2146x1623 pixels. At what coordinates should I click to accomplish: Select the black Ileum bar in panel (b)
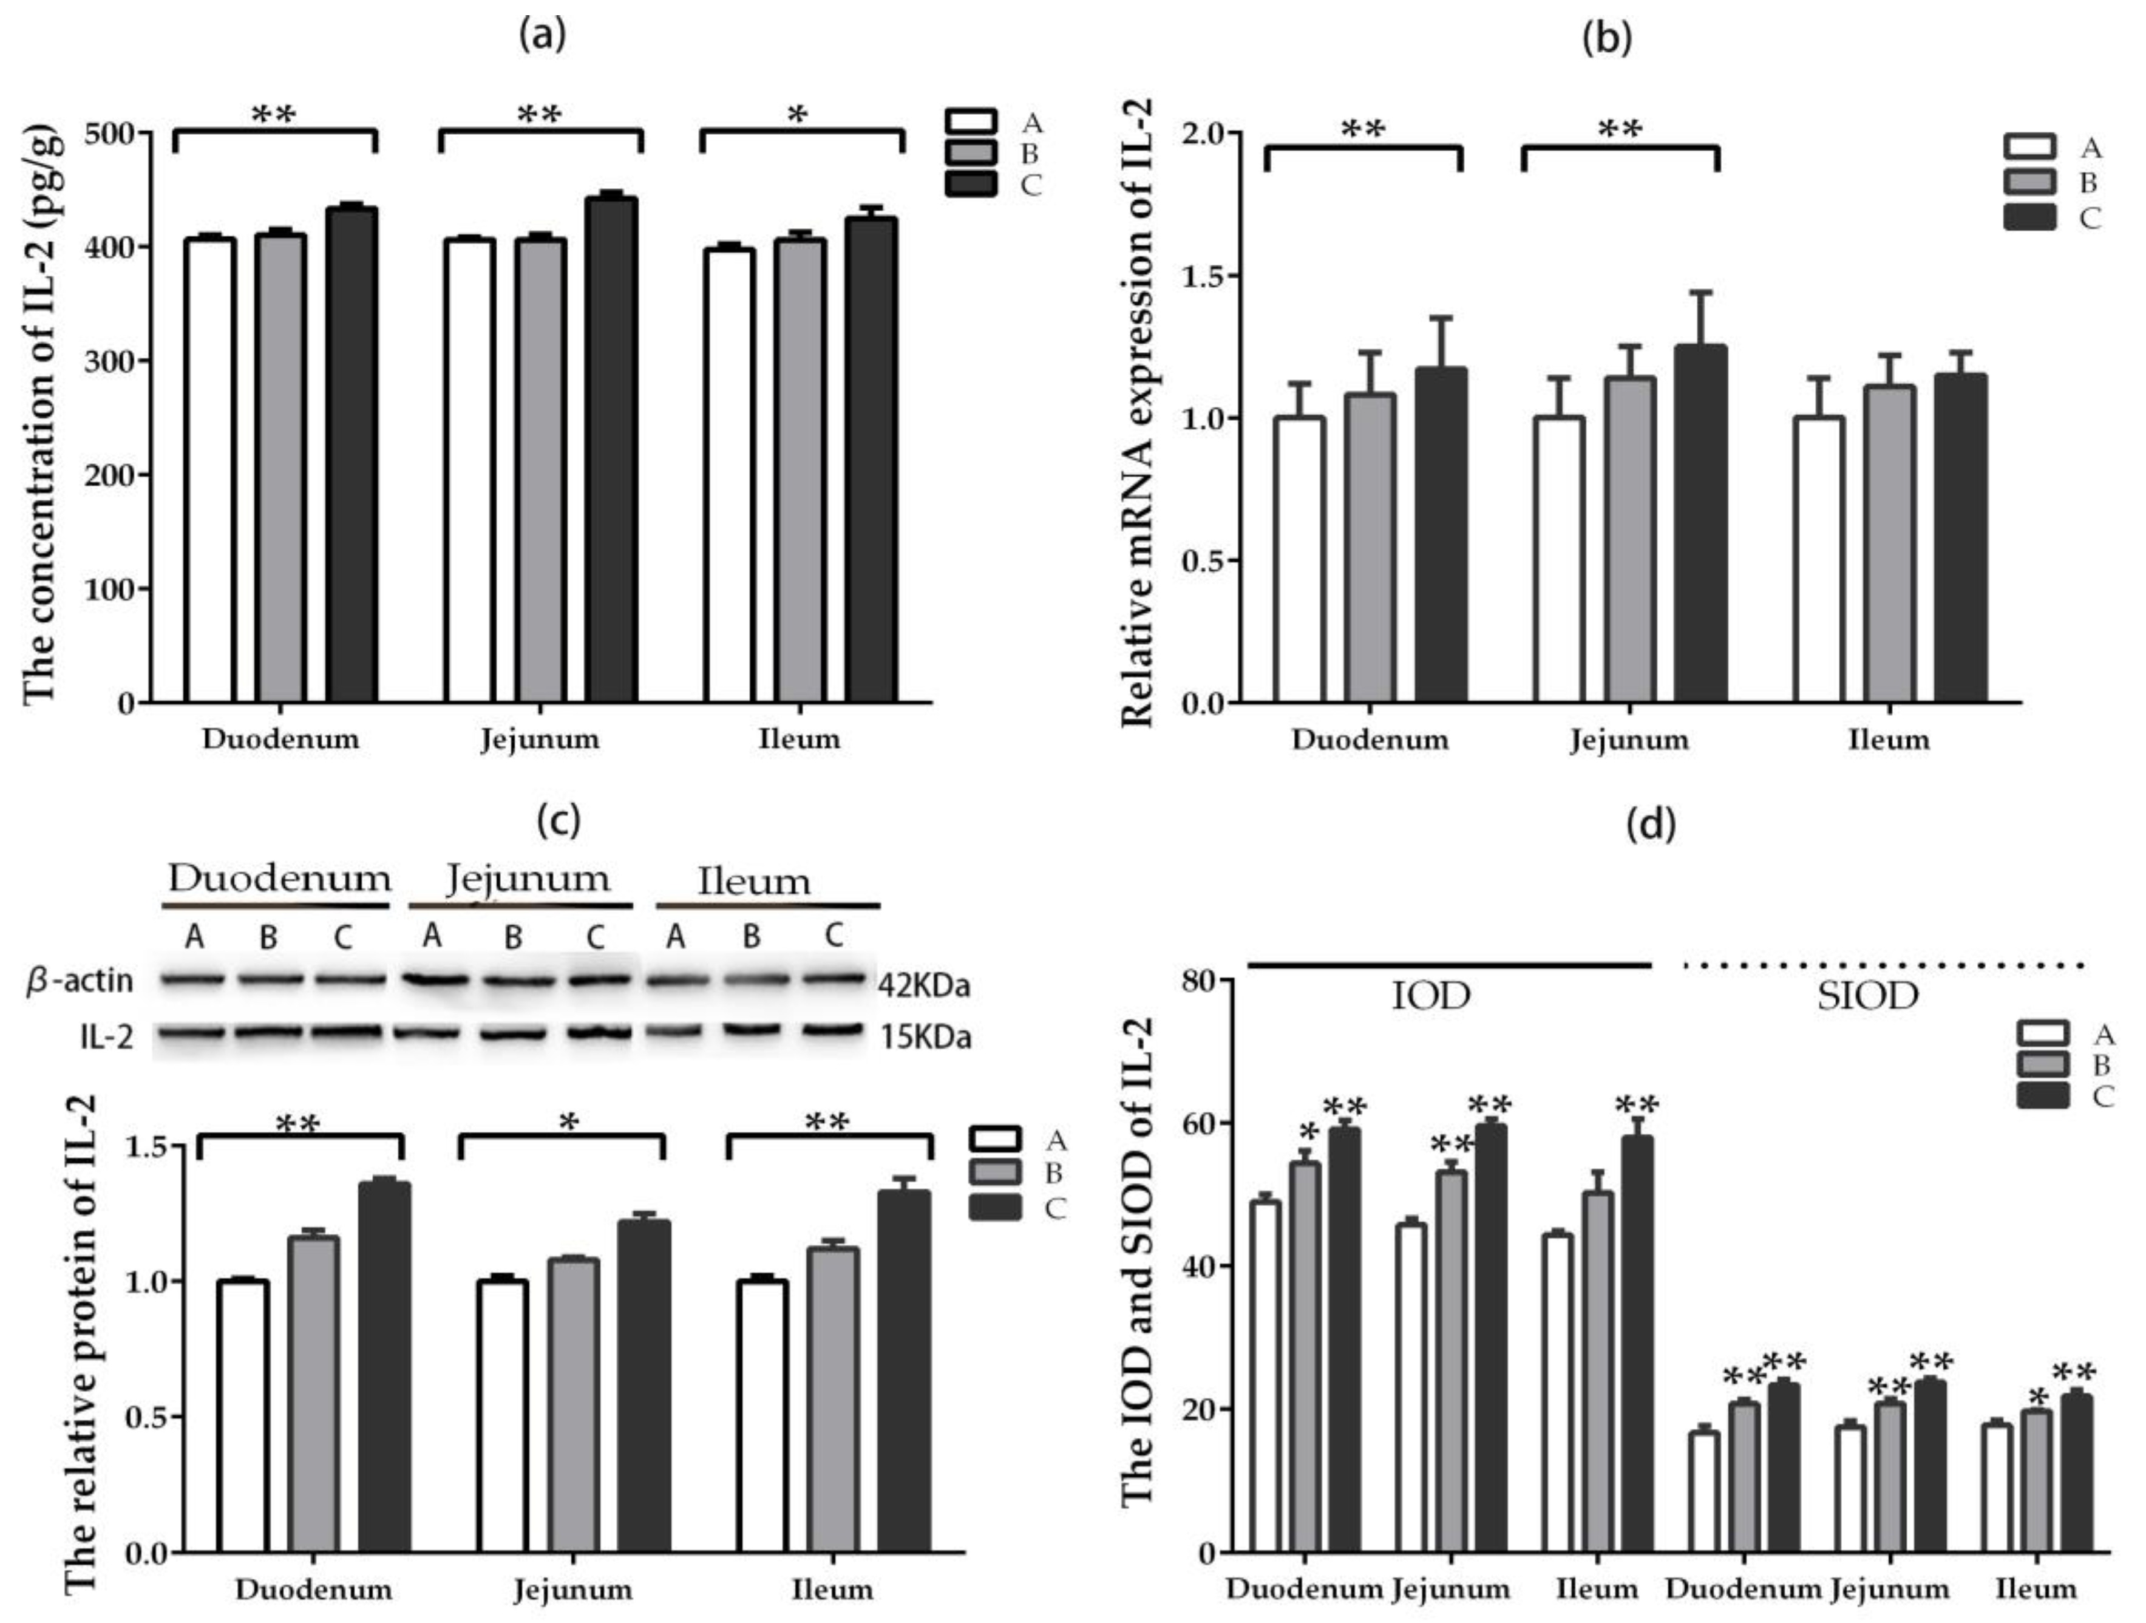coord(1961,539)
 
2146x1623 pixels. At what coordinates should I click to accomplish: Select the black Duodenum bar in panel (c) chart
coord(384,1368)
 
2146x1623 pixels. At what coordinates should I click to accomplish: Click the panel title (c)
coord(559,821)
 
